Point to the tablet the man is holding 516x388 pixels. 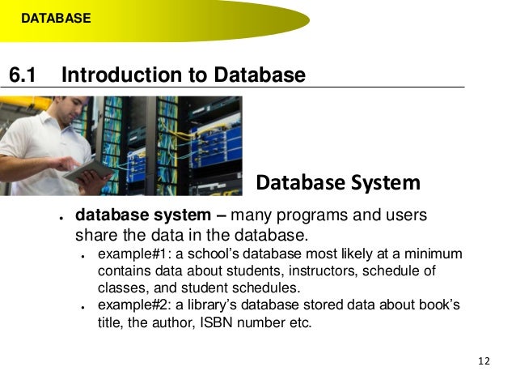pos(87,169)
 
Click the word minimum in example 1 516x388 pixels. pos(434,254)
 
